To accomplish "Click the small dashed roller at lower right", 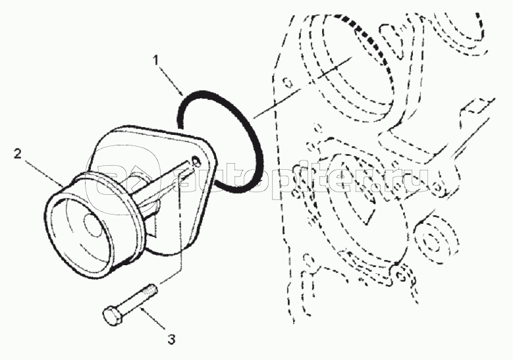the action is click(x=431, y=240).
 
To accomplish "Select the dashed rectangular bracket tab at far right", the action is click(x=479, y=105).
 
